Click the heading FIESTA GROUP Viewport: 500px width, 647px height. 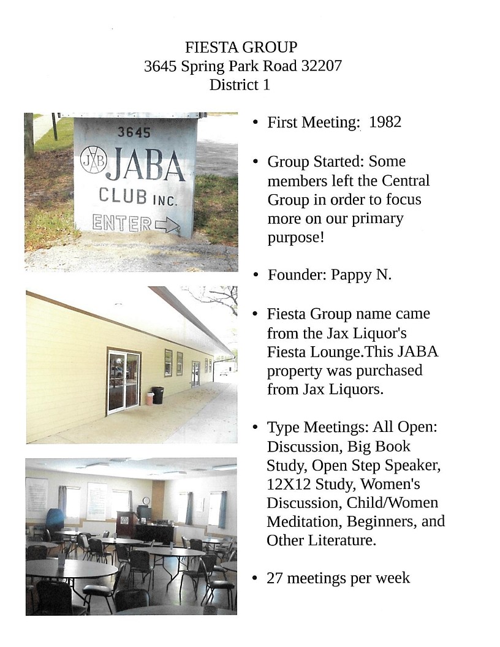pyautogui.click(x=241, y=47)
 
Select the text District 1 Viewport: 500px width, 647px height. pyautogui.click(x=239, y=85)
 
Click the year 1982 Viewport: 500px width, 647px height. pyautogui.click(x=385, y=122)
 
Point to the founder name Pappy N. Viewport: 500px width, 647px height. pyautogui.click(x=361, y=274)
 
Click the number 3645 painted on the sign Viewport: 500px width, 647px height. pyautogui.click(x=134, y=132)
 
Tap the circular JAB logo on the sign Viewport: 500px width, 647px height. pyautogui.click(x=94, y=160)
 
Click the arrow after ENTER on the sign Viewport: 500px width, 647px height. pyautogui.click(x=167, y=225)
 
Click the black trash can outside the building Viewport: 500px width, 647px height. pyautogui.click(x=157, y=395)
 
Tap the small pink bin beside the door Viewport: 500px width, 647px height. pyautogui.click(x=149, y=399)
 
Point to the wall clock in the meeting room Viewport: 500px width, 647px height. pyautogui.click(x=146, y=501)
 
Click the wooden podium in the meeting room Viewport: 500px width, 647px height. pyautogui.click(x=124, y=524)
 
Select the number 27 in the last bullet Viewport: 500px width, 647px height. pyautogui.click(x=275, y=578)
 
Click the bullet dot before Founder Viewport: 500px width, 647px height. pyautogui.click(x=255, y=275)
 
